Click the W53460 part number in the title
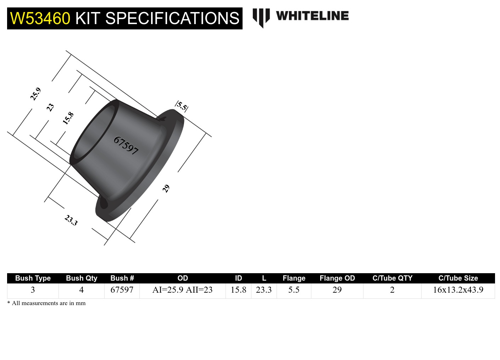point(40,18)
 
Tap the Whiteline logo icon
point(261,17)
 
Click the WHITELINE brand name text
point(312,16)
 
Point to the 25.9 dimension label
point(35,94)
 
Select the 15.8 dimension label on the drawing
point(68,118)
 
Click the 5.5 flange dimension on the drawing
point(182,106)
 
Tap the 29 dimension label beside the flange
point(166,189)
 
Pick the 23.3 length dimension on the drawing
point(71,220)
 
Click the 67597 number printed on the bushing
point(126,145)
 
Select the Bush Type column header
point(33,278)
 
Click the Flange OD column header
point(337,278)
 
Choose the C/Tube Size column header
point(458,278)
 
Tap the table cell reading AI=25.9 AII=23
point(182,290)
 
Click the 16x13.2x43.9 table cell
point(458,290)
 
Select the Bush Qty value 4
point(81,290)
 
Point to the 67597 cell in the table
point(122,290)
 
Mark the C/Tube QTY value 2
point(392,290)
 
